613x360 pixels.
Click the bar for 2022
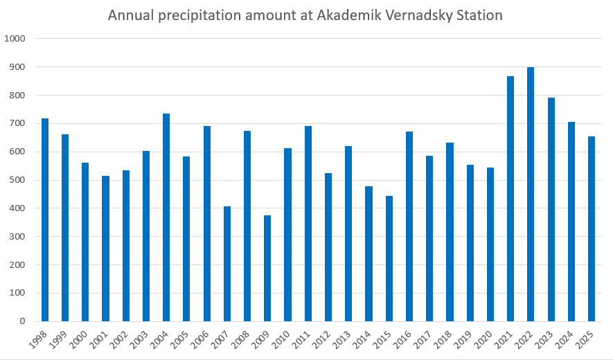(531, 195)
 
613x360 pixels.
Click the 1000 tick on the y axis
(15, 39)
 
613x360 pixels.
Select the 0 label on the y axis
(22, 321)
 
